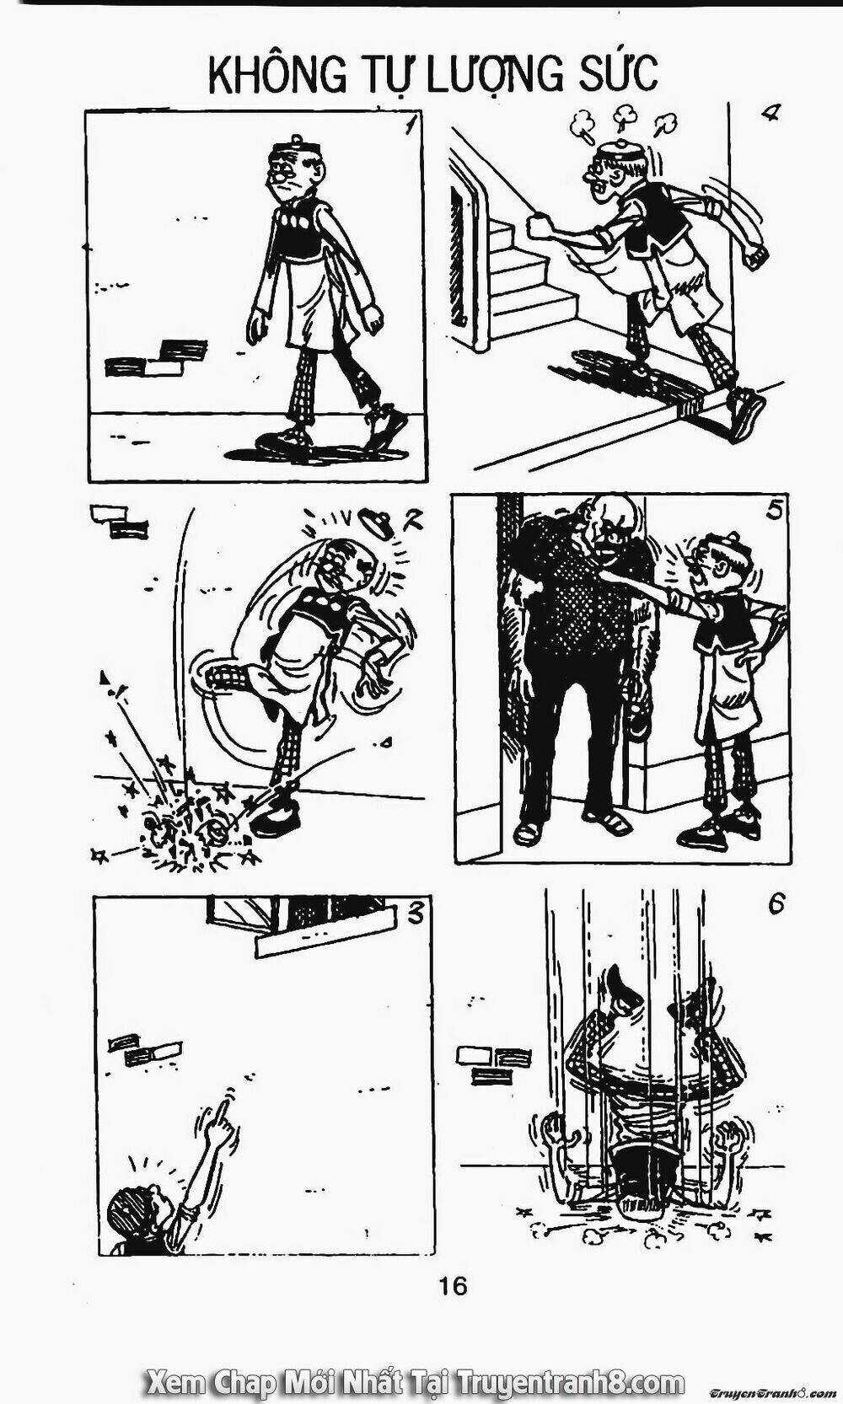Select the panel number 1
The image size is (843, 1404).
409,127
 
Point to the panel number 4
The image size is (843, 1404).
770,114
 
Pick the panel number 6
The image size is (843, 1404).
776,905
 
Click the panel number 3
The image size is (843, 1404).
416,914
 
